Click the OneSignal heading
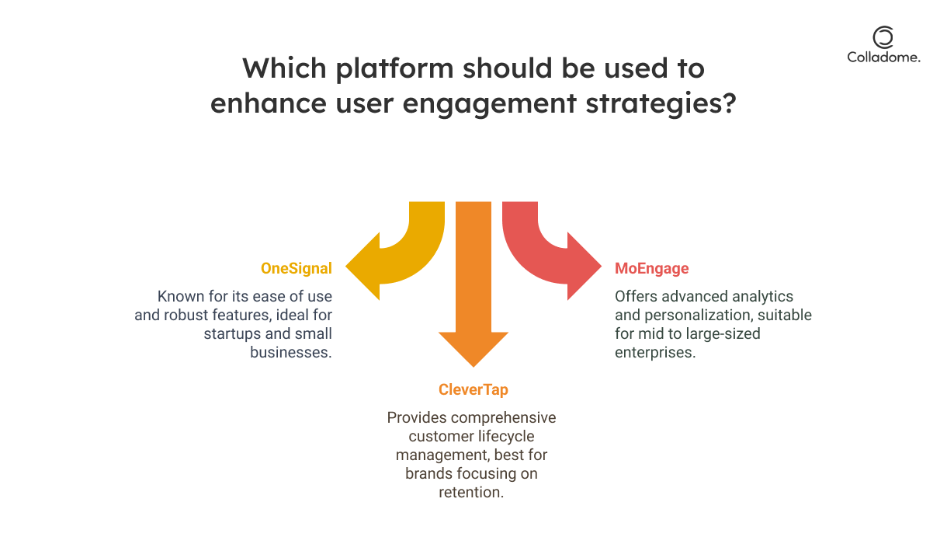click(x=296, y=269)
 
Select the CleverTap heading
click(x=472, y=389)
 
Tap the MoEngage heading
click(x=651, y=269)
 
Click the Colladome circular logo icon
click(x=883, y=37)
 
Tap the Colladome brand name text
click(x=883, y=58)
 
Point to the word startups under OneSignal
click(x=235, y=334)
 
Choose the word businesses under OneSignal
click(x=291, y=352)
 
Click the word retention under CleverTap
click(x=471, y=492)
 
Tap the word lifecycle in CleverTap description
click(x=505, y=436)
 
